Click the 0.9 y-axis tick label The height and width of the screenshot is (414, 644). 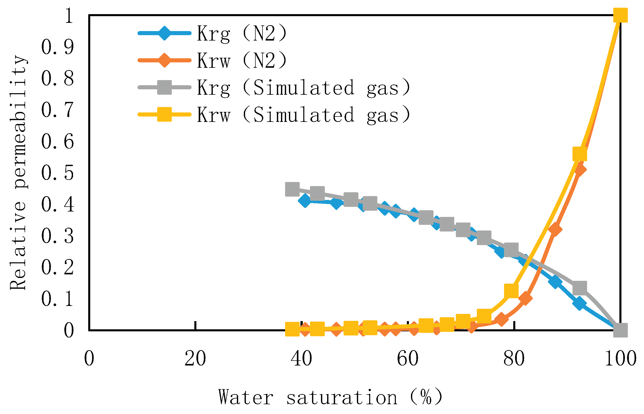coord(57,47)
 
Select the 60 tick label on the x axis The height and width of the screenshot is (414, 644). coord(408,358)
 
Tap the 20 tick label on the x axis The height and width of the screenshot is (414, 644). coord(195,358)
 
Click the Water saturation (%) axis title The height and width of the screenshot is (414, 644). coord(330,397)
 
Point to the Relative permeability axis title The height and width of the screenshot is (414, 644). coord(18,172)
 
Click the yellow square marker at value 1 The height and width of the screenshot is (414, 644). coord(620,15)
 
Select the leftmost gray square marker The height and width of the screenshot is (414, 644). coord(292,189)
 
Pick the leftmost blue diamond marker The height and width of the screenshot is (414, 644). coord(305,200)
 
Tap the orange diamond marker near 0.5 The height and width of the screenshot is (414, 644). coord(579,170)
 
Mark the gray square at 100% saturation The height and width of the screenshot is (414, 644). coord(620,330)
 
